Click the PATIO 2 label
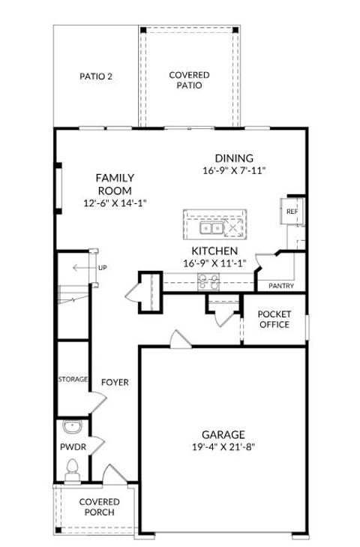tap(96, 76)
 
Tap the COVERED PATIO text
tap(189, 80)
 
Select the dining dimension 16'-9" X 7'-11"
tap(234, 171)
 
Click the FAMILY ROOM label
tap(115, 184)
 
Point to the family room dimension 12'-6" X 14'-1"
tap(115, 203)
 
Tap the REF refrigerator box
tap(292, 212)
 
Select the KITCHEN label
tap(214, 251)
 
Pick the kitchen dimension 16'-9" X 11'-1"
tap(214, 263)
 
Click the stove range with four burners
tap(208, 281)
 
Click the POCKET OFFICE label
tap(274, 319)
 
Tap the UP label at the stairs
tap(102, 268)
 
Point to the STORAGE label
tap(73, 380)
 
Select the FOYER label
tap(115, 383)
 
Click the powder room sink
tap(73, 428)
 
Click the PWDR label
tap(69, 447)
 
